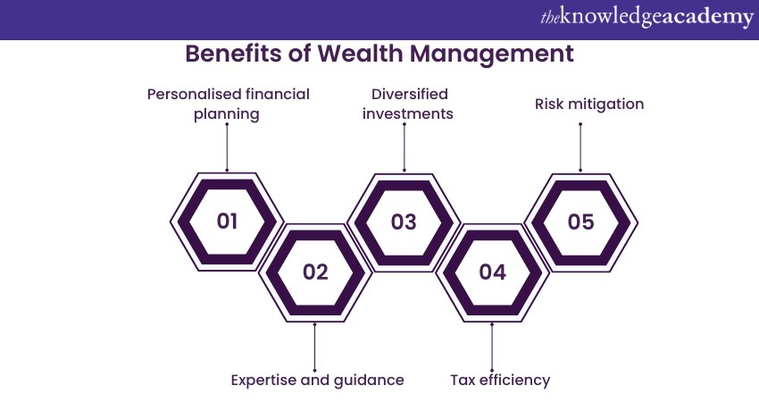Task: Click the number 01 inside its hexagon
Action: pyautogui.click(x=227, y=221)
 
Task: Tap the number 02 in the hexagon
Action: pyautogui.click(x=315, y=272)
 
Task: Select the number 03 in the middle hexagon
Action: pyautogui.click(x=404, y=222)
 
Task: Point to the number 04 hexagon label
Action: pyautogui.click(x=492, y=272)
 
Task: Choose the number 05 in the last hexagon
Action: pyautogui.click(x=580, y=222)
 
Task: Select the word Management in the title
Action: pyautogui.click(x=492, y=54)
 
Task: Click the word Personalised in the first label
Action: pyautogui.click(x=194, y=94)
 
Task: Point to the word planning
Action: pyautogui.click(x=227, y=114)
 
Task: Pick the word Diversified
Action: pyautogui.click(x=410, y=94)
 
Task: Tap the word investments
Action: pyautogui.click(x=407, y=113)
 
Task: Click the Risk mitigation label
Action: pyautogui.click(x=589, y=105)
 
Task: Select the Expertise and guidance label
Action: pyautogui.click(x=317, y=381)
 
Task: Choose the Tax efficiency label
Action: pyautogui.click(x=500, y=381)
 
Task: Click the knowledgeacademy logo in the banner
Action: pyautogui.click(x=646, y=18)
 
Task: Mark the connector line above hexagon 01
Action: pyautogui.click(x=227, y=147)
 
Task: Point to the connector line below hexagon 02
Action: pyautogui.click(x=314, y=348)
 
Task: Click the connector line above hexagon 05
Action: pyautogui.click(x=580, y=147)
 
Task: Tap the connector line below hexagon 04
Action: pyautogui.click(x=492, y=348)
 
